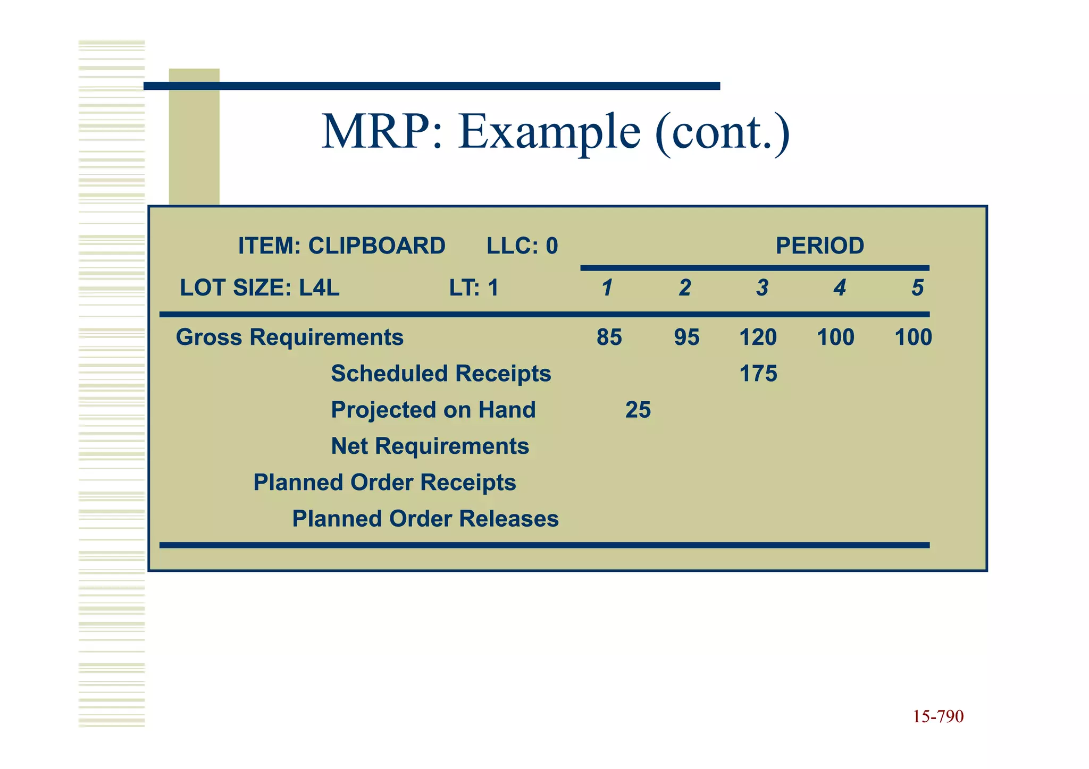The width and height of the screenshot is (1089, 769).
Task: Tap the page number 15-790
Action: pos(938,716)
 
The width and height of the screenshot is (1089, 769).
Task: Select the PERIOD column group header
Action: pos(819,246)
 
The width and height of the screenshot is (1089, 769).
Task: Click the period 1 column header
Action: pos(607,288)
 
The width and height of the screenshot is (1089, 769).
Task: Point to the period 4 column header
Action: pos(839,288)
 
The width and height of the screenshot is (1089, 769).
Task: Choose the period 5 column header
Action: pos(917,288)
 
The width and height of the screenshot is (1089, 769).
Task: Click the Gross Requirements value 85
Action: pos(609,337)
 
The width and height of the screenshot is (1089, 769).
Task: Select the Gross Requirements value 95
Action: pos(686,337)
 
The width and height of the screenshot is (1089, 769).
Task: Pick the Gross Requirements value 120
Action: pos(758,337)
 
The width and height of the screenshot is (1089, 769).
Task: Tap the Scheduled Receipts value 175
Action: pos(758,374)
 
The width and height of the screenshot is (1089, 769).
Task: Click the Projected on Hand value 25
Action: pos(638,410)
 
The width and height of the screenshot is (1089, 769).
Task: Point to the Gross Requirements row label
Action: pos(290,337)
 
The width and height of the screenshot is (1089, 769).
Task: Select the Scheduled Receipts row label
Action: pos(441,374)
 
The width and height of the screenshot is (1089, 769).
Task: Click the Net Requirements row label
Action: pos(430,446)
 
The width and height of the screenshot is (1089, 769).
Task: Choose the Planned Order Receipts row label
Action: pos(384,483)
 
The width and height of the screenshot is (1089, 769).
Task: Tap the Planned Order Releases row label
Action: pos(425,519)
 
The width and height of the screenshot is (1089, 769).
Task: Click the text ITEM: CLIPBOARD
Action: pos(341,246)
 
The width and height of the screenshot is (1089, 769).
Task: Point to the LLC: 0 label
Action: pos(522,246)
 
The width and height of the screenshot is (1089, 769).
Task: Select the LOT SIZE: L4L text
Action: pos(259,288)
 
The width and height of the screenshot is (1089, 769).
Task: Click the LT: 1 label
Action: pos(474,288)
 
